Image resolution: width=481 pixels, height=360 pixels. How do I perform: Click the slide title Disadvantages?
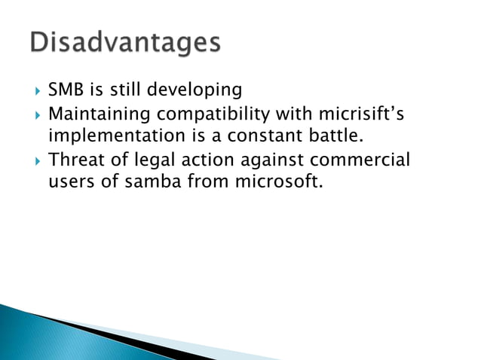pyautogui.click(x=126, y=43)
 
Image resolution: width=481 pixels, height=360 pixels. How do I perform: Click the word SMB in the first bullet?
pyautogui.click(x=66, y=90)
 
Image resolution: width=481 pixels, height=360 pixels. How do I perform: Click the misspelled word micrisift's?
pyautogui.click(x=361, y=114)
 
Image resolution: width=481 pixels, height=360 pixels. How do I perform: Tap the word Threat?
pyautogui.click(x=73, y=160)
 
